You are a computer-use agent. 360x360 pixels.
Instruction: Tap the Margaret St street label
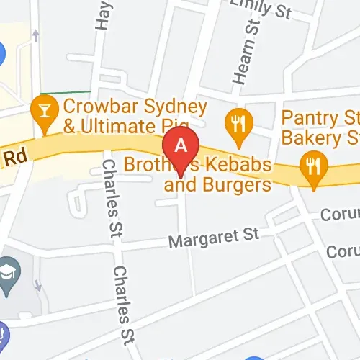coord(213,237)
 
